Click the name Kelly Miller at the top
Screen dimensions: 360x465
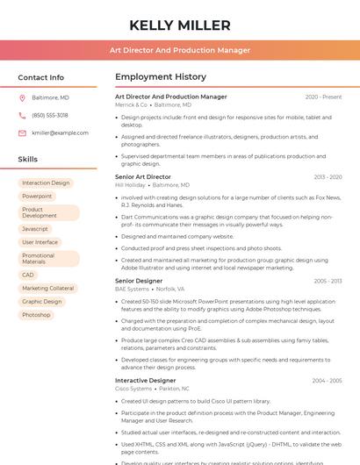(x=179, y=25)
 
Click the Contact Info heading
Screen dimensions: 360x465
(x=40, y=77)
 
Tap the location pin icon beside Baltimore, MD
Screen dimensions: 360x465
(x=22, y=97)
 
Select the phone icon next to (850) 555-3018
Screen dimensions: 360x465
(x=22, y=115)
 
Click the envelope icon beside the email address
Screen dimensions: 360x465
(x=22, y=132)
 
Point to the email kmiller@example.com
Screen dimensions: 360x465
(x=60, y=132)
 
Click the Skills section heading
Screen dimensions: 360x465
(x=28, y=160)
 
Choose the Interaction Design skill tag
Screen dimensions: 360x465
(x=46, y=183)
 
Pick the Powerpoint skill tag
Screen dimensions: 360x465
(x=37, y=197)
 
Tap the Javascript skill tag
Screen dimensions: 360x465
(x=35, y=229)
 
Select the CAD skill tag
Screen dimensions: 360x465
(x=28, y=275)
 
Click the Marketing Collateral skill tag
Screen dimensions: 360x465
(x=47, y=288)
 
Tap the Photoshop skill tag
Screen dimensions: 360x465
(x=36, y=314)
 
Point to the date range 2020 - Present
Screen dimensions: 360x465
(x=323, y=97)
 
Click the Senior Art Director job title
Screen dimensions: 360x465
(x=143, y=176)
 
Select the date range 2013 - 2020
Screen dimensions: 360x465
(x=328, y=177)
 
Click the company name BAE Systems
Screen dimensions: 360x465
(x=132, y=289)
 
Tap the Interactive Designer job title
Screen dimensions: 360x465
(x=145, y=380)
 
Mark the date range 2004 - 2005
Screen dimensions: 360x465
(x=327, y=381)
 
